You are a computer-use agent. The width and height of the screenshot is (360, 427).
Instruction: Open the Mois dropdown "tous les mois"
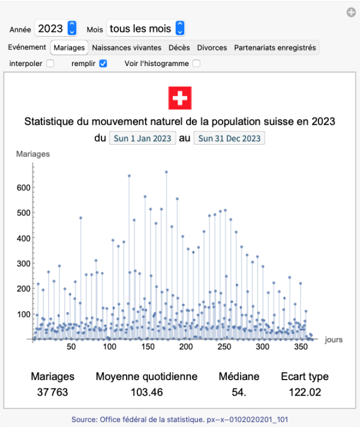coord(145,28)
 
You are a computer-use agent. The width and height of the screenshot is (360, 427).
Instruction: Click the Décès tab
coord(179,47)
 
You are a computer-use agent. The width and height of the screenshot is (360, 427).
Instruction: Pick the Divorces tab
coord(212,47)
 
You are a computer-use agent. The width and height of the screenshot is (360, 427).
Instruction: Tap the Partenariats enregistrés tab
coord(275,47)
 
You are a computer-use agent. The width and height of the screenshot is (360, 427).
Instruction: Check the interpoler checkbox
coord(50,63)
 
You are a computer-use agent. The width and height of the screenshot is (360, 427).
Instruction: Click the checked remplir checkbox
coord(103,63)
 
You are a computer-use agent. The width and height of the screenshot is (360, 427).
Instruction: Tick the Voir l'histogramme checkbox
coord(196,63)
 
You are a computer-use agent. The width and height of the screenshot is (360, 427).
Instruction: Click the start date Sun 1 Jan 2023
coord(142,139)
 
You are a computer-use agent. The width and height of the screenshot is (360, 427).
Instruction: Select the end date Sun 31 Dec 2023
coord(229,139)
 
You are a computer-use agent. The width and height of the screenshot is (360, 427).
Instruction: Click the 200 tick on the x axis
coord(185,347)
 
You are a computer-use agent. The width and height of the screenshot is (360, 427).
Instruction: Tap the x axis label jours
coord(334,339)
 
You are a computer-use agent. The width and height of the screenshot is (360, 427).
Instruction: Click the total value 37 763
coord(53,393)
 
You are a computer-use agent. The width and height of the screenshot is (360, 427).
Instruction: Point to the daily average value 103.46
coord(146,393)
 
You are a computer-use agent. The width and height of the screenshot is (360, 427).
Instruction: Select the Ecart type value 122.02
coord(305,393)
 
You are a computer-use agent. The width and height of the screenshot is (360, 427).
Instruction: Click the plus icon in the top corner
coord(351,12)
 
